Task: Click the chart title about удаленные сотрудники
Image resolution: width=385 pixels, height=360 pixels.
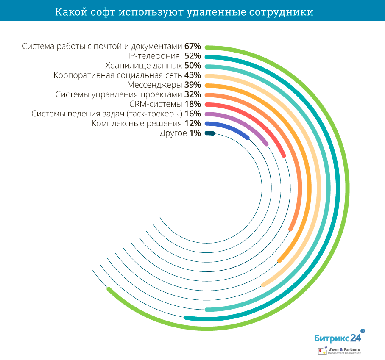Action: [x=184, y=12]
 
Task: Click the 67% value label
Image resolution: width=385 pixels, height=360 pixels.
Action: [x=192, y=46]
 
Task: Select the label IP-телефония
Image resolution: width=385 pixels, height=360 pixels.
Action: [x=153, y=56]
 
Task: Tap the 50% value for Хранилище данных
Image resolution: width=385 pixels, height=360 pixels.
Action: [x=192, y=66]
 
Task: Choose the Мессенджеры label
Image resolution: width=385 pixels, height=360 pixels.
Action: [x=154, y=85]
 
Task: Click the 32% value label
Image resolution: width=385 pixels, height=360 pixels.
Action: [x=192, y=94]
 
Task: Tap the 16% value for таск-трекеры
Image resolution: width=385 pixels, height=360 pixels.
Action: [x=192, y=114]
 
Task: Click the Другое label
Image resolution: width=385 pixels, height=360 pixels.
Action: [x=173, y=133]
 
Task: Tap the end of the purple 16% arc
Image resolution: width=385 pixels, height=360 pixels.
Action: [x=266, y=144]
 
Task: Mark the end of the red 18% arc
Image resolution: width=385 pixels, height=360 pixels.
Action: [x=284, y=156]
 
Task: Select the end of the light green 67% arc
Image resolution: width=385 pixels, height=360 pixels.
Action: [x=109, y=289]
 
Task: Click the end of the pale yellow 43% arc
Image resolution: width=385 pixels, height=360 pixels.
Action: [x=264, y=285]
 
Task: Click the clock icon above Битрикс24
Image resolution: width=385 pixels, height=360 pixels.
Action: [x=363, y=330]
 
